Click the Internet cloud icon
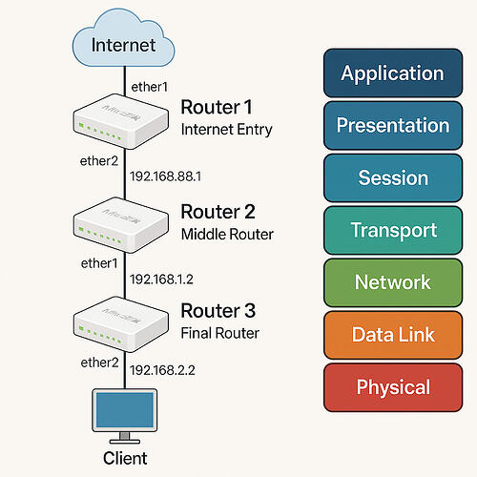tap(123, 41)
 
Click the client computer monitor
tap(123, 411)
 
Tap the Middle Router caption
tap(227, 233)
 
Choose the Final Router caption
tap(220, 334)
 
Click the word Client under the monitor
tap(123, 459)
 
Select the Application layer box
tap(392, 73)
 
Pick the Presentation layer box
tap(392, 126)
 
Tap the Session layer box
tap(392, 178)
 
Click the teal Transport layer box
tap(392, 230)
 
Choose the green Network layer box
tap(392, 282)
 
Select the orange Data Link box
tap(392, 335)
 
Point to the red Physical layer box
tap(392, 387)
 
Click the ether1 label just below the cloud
tap(149, 87)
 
